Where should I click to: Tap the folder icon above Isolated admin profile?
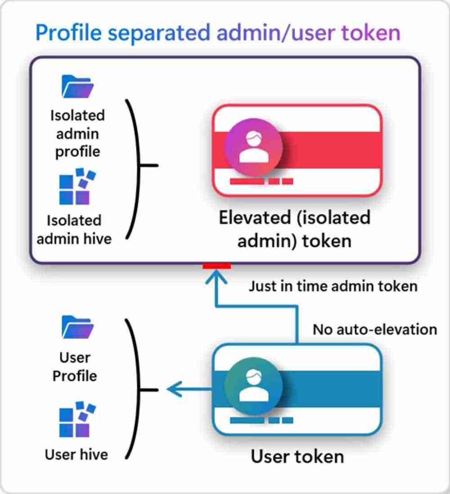click(77, 87)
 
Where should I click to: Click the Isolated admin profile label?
click(77, 133)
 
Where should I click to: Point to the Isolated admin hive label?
click(74, 229)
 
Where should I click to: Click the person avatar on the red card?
click(253, 146)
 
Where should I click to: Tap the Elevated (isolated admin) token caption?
click(294, 229)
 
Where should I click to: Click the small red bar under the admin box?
click(217, 266)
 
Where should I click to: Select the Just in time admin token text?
click(333, 286)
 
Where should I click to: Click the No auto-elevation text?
click(375, 329)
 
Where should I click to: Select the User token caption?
click(297, 456)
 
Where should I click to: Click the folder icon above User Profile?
click(77, 326)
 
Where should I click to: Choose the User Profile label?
click(75, 367)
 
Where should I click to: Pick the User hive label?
click(76, 454)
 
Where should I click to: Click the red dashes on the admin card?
click(261, 181)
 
